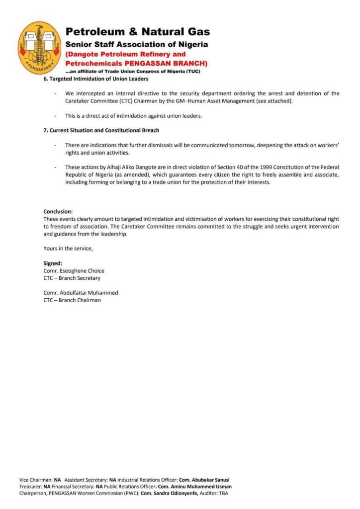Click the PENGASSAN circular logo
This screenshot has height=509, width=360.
(x=40, y=48)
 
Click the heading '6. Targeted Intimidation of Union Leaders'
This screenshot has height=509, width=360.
(x=95, y=79)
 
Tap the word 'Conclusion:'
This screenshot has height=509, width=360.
(x=58, y=212)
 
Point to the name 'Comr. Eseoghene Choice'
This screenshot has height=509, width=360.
(x=74, y=271)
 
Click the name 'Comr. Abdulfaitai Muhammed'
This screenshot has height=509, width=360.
(x=81, y=293)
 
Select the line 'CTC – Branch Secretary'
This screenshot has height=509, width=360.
(x=72, y=278)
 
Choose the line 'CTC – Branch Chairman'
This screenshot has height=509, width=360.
(x=72, y=300)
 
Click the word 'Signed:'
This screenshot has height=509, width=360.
(x=53, y=263)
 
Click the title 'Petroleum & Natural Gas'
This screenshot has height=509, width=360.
(x=138, y=32)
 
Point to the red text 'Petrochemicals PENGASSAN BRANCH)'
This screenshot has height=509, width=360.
(x=136, y=63)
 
